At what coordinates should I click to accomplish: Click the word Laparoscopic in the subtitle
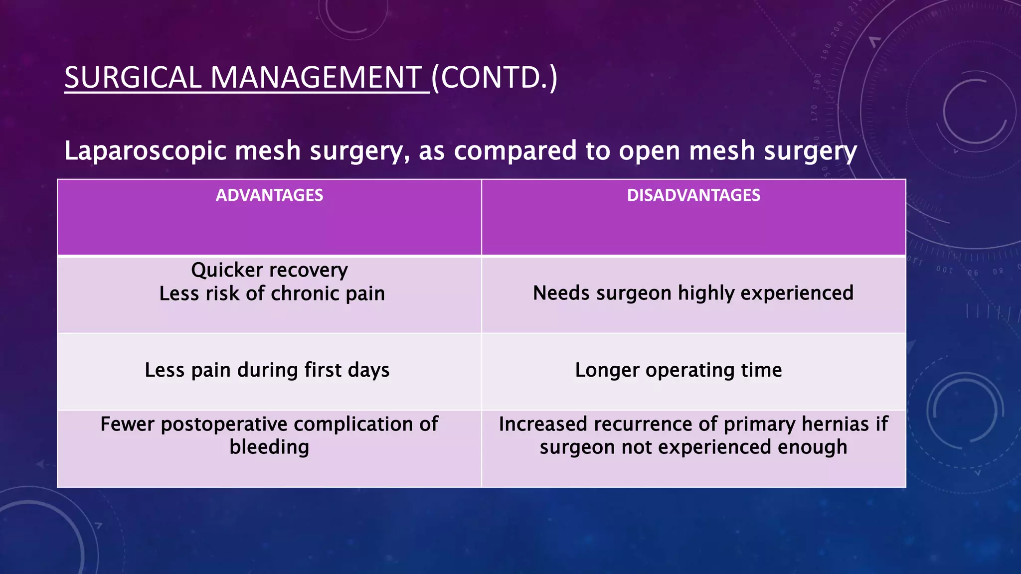145,151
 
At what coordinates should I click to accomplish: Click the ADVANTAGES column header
269,195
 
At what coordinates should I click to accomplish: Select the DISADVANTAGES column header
693,195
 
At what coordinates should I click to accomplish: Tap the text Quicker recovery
269,271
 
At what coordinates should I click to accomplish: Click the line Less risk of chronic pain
272,294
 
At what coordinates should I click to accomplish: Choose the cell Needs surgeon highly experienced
693,293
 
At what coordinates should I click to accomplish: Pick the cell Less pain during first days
267,370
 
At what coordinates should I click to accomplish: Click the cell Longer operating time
678,370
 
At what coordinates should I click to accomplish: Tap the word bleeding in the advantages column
269,447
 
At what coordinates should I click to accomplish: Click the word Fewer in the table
127,425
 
